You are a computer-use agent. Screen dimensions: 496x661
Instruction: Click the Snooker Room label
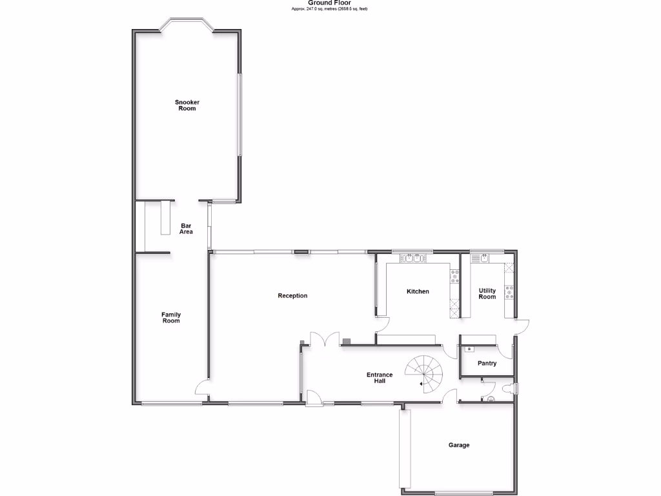click(187, 105)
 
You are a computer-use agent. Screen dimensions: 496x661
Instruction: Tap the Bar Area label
click(187, 229)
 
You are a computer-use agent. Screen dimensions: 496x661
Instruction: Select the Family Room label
click(171, 318)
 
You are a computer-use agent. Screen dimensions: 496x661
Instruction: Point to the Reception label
click(292, 296)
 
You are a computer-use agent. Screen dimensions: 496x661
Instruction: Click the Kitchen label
click(418, 292)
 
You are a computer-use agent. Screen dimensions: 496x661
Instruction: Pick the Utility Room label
click(487, 294)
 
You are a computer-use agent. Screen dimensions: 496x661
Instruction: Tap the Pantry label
click(487, 364)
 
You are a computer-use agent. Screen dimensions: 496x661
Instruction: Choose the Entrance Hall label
click(380, 378)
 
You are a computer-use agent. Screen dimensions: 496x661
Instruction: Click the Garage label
click(459, 445)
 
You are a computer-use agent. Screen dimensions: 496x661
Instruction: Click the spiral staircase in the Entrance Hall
click(423, 373)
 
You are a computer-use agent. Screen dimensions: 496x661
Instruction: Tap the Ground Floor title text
click(329, 3)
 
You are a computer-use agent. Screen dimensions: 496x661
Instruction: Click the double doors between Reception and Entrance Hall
click(325, 339)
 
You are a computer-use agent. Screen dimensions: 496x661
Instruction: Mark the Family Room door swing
click(201, 388)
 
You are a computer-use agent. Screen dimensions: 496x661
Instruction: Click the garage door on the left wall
click(404, 449)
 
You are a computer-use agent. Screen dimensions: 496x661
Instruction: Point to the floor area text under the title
click(329, 9)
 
